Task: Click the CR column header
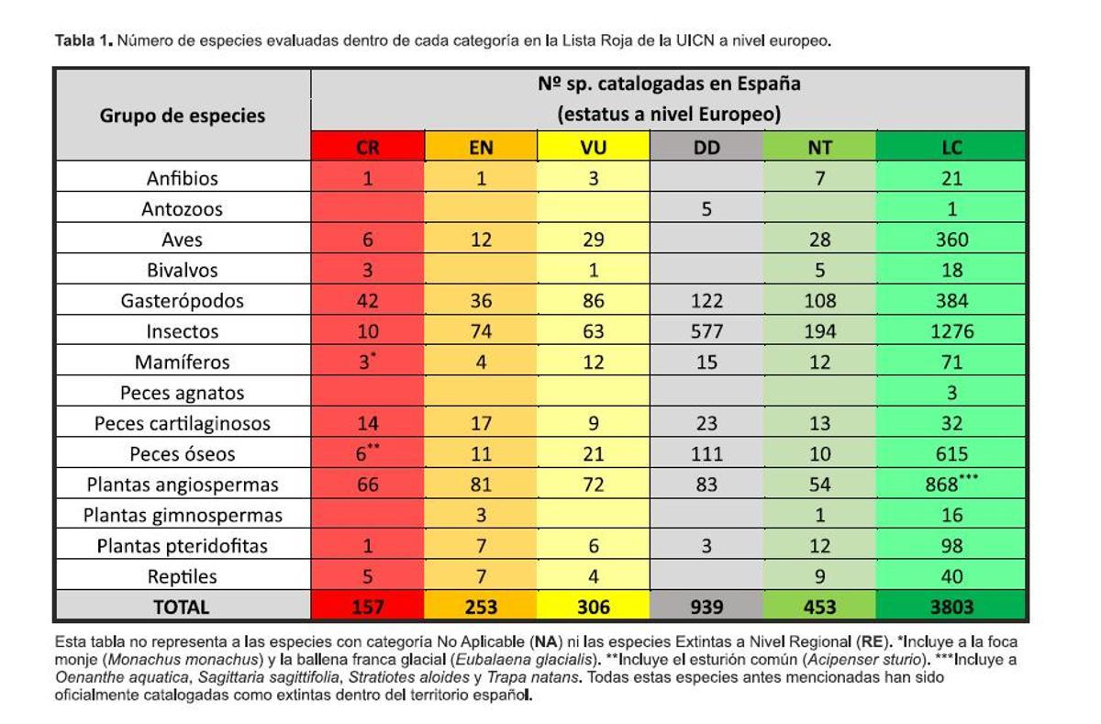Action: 368,147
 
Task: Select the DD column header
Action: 706,147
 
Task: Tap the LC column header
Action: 951,147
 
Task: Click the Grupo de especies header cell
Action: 183,116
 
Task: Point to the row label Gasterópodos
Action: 183,301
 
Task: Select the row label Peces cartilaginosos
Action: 183,424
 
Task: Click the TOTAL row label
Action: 183,607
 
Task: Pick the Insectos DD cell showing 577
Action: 706,331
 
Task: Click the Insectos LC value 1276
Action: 951,331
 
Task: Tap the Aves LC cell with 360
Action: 951,239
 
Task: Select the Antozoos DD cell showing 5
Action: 706,208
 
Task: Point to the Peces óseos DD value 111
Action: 706,454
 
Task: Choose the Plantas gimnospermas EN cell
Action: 481,516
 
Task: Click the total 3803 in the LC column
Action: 951,607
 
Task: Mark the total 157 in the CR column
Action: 368,607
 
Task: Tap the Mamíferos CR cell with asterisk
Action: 368,362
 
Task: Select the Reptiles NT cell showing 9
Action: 819,577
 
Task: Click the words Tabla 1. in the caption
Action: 83,41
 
